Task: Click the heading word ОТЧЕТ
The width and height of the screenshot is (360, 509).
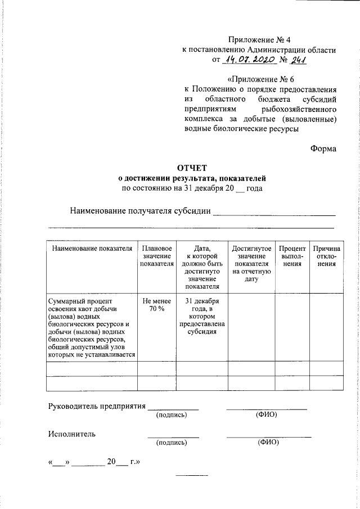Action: pyautogui.click(x=192, y=167)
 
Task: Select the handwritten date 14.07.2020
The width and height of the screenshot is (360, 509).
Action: pyautogui.click(x=248, y=60)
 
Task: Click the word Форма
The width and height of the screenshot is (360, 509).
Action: pyautogui.click(x=323, y=148)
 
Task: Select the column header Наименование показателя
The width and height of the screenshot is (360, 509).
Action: pyautogui.click(x=92, y=248)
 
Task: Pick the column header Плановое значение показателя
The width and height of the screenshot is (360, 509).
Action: pyautogui.click(x=157, y=256)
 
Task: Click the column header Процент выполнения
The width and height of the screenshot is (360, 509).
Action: pyautogui.click(x=292, y=256)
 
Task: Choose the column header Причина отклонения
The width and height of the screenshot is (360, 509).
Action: pyautogui.click(x=327, y=256)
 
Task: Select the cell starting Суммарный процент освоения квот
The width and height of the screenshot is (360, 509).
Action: pyautogui.click(x=91, y=328)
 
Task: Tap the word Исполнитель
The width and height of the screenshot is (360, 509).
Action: pyautogui.click(x=71, y=434)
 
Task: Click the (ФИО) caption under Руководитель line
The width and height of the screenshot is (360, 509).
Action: pyautogui.click(x=266, y=415)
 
